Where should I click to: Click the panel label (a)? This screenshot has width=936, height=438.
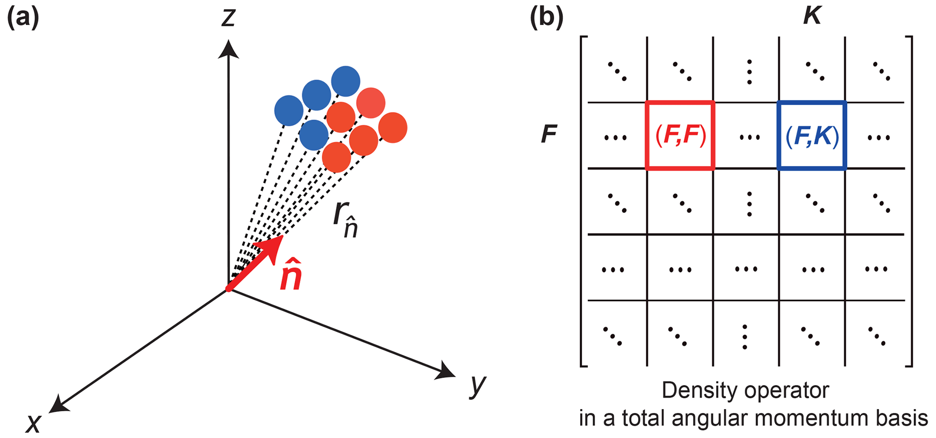(x=23, y=19)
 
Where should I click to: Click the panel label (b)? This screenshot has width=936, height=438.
(x=547, y=19)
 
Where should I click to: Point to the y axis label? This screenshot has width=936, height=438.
(x=477, y=386)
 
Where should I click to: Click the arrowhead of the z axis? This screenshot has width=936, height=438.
(x=228, y=49)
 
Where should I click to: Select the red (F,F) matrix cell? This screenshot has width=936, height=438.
(x=680, y=136)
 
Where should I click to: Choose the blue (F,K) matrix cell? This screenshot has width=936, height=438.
(x=812, y=136)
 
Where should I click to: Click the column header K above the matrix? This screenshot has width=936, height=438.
(x=812, y=17)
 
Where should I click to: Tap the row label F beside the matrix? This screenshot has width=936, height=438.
(x=549, y=134)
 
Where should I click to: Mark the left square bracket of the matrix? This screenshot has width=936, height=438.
(x=583, y=201)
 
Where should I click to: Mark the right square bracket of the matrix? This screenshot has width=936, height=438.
(x=909, y=201)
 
